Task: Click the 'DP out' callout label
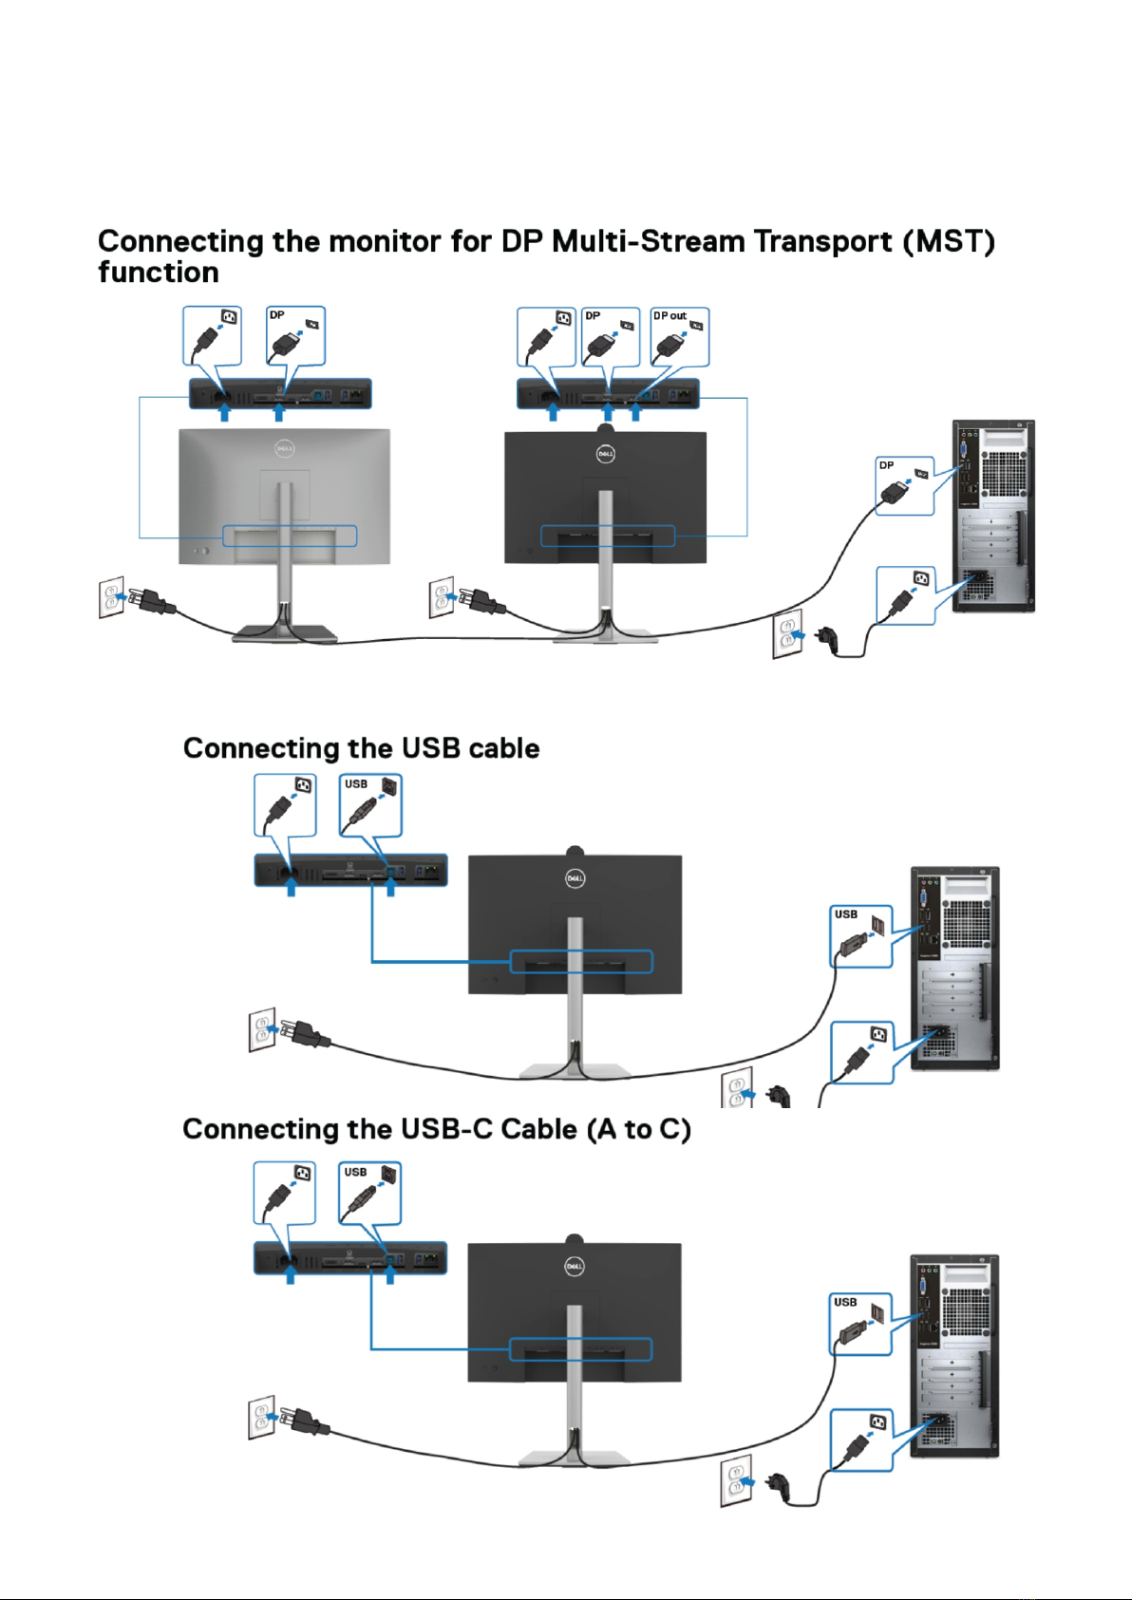tap(670, 316)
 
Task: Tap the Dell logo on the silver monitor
tap(285, 448)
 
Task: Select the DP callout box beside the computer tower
tap(904, 486)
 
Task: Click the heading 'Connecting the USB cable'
tap(361, 748)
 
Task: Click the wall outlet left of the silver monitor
tap(111, 597)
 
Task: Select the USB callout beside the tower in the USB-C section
tap(861, 1324)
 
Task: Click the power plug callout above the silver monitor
tap(212, 335)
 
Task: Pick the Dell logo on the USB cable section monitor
tap(575, 878)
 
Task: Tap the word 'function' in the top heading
tap(159, 273)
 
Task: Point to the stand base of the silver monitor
tap(285, 633)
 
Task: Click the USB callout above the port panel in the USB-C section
tap(370, 1193)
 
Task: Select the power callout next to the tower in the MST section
tap(905, 595)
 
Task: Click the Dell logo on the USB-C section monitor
tap(574, 1266)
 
